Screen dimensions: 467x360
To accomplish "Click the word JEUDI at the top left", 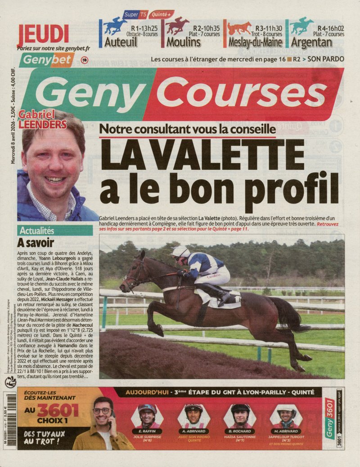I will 43,34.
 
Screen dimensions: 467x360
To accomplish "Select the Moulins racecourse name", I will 183,43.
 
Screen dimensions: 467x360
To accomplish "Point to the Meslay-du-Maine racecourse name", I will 255,43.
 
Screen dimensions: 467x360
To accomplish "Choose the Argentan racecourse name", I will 311,43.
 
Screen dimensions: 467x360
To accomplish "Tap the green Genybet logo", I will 41,60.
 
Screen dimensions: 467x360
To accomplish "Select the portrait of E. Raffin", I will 147,416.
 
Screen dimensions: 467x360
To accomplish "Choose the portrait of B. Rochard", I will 240,416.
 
